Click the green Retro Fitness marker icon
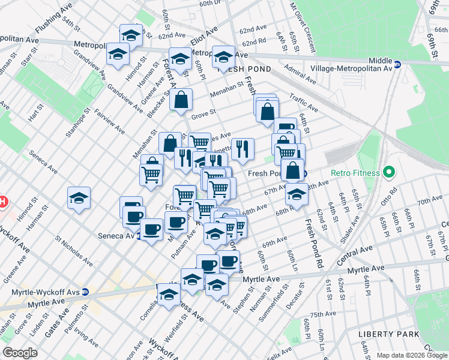pos(388,173)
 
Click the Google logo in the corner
pos(20,353)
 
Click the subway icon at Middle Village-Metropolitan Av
pos(397,62)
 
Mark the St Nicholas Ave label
pos(73,250)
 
